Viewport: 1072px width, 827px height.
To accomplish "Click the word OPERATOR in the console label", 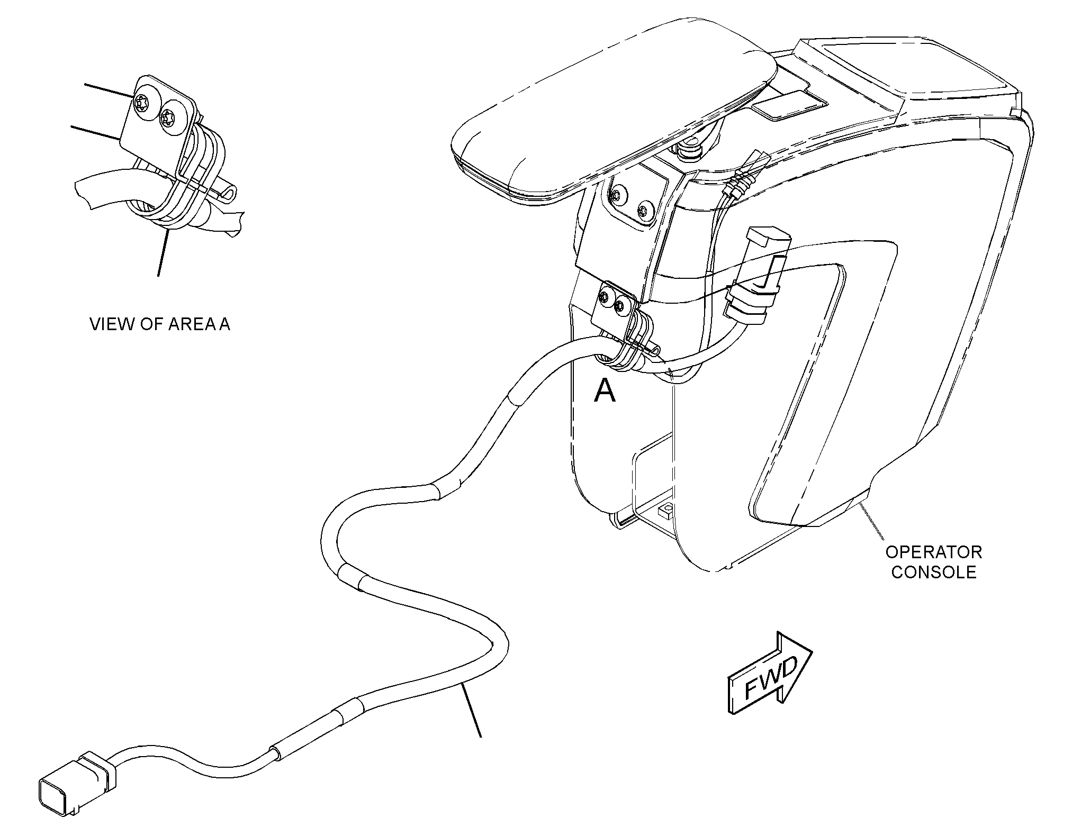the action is coord(934,552).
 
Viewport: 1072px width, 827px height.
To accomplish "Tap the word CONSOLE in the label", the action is coord(934,572).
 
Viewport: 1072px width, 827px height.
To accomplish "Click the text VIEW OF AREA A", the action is coord(160,324).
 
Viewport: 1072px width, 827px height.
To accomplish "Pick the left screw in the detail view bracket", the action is coord(143,103).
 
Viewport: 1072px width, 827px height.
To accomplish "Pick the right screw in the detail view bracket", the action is coord(169,116).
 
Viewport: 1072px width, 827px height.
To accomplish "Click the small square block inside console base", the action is coord(665,512).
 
